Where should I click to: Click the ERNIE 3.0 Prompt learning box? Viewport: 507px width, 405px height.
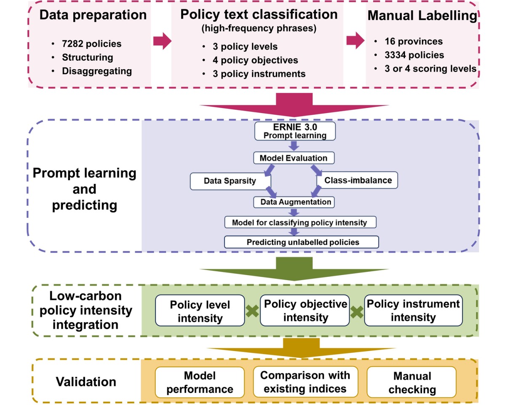(294, 132)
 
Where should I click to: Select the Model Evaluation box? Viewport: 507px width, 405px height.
(294, 158)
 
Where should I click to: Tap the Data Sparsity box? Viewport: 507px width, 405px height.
(230, 181)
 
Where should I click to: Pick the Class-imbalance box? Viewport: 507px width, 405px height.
(358, 181)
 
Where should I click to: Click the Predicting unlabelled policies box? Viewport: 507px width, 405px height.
(302, 242)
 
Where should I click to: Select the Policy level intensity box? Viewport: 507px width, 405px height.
(200, 310)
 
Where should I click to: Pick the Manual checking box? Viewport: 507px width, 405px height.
(412, 382)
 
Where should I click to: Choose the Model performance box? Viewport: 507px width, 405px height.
(200, 382)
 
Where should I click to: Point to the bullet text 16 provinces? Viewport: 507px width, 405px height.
(413, 42)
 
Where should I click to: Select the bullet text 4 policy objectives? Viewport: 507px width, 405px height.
(256, 60)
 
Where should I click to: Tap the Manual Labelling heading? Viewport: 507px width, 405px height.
(422, 16)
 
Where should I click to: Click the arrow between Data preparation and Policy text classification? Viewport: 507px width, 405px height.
(162, 41)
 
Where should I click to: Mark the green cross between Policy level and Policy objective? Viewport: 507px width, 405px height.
(252, 311)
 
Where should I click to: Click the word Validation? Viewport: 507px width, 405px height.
(86, 382)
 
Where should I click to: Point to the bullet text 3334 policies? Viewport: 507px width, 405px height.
(414, 55)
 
